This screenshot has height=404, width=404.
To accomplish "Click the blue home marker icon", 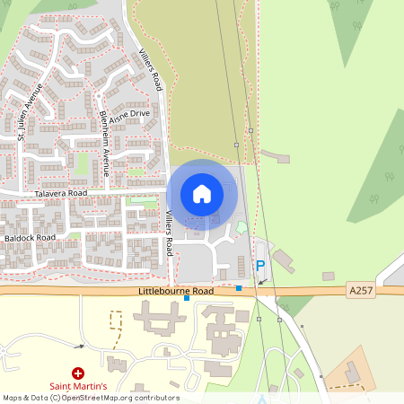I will (x=201, y=194).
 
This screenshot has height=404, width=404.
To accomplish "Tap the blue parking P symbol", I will (x=260, y=265).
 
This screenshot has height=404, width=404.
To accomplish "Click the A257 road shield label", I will (x=360, y=290).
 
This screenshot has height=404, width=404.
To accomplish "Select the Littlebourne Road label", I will (x=176, y=292).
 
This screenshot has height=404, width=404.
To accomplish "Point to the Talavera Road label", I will (x=61, y=193).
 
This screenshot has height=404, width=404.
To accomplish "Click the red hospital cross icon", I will (x=78, y=372).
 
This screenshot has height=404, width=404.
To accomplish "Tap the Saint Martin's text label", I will (x=78, y=386).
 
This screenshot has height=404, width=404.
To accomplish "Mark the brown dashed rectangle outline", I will (x=114, y=321).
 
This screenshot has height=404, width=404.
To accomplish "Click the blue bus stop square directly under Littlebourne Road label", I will (x=187, y=298).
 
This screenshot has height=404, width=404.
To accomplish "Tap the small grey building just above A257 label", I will (x=329, y=276).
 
